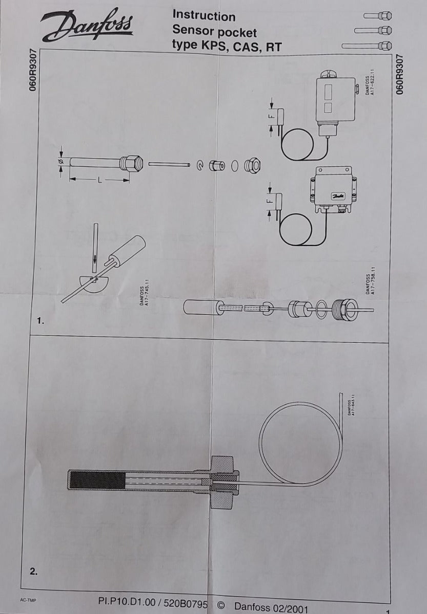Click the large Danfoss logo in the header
point(87,26)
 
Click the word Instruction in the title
point(204,16)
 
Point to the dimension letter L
point(98,180)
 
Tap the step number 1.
point(41,321)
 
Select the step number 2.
point(34,572)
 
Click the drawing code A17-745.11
point(144,295)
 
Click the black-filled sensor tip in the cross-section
point(97,480)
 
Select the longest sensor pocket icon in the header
point(367,46)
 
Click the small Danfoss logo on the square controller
point(338,195)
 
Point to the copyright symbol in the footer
point(221,605)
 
